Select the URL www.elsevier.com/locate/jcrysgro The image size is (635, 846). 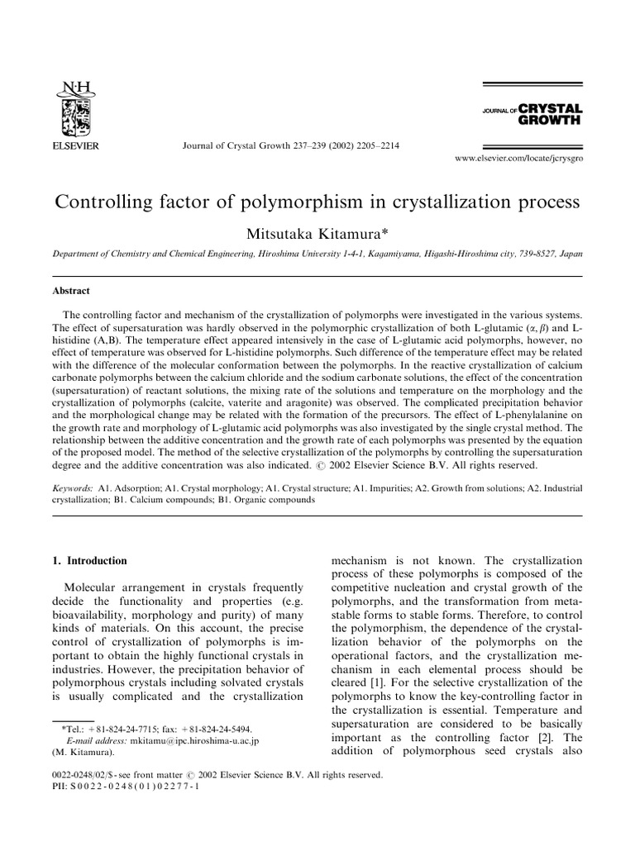pyautogui.click(x=519, y=157)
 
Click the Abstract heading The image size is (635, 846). pyautogui.click(x=72, y=291)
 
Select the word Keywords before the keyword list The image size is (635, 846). pyautogui.click(x=72, y=489)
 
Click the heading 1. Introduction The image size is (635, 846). pyautogui.click(x=89, y=561)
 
